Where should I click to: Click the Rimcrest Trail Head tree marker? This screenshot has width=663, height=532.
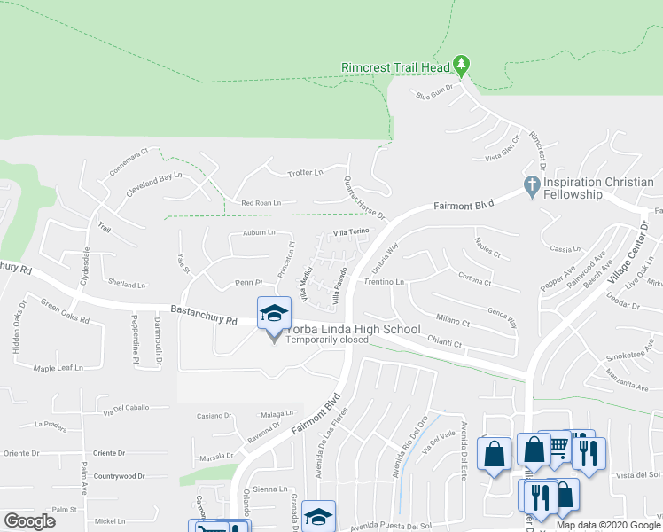[460, 65]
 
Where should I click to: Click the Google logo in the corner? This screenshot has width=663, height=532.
[29, 521]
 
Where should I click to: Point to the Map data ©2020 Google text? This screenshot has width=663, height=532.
[607, 525]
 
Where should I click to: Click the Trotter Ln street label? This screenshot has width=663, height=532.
[306, 172]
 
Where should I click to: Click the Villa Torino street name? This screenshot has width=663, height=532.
[350, 232]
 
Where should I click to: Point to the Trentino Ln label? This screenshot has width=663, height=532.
[384, 282]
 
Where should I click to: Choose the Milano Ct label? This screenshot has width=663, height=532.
[453, 321]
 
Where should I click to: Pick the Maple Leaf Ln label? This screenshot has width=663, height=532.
[58, 368]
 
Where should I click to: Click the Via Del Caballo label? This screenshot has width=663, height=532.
[126, 409]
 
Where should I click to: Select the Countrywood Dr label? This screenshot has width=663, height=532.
[118, 476]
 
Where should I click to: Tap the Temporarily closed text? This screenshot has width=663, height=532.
[327, 340]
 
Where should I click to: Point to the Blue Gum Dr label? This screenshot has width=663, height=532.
[434, 90]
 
